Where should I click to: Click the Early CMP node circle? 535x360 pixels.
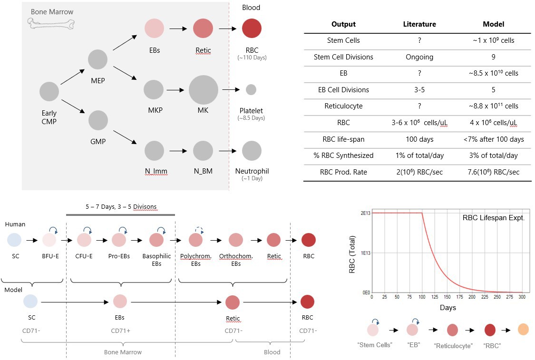pos(49,91)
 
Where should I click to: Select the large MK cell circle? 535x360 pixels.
pos(204,89)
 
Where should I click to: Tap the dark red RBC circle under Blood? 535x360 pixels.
pos(252,28)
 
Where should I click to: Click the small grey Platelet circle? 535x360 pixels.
pos(251,89)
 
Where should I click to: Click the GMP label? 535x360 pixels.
pos(97,141)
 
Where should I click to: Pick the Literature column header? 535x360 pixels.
pos(419,24)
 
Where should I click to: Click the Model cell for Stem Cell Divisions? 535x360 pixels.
pos(493,57)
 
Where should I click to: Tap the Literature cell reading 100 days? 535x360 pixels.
pos(419,139)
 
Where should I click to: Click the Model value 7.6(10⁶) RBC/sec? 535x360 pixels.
pos(493,172)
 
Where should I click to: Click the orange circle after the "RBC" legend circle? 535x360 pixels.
pos(523,329)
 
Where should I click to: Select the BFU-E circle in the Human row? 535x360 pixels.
pos(49,240)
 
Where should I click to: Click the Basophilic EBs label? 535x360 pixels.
pos(157,260)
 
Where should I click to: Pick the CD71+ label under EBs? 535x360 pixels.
pos(120,331)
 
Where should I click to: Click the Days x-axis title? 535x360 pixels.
pos(447,308)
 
